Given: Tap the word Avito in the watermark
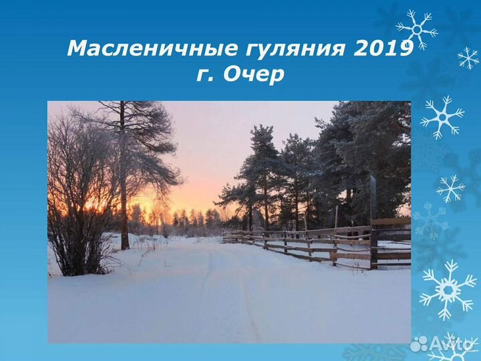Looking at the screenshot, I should tap(452, 344).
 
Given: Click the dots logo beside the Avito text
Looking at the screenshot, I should tap(420, 344).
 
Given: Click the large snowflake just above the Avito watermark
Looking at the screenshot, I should tap(448, 289).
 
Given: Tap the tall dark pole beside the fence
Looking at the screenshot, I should tap(373, 221).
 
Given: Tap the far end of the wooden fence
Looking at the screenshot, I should tap(227, 235).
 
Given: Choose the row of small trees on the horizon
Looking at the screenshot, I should tap(194, 218).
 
